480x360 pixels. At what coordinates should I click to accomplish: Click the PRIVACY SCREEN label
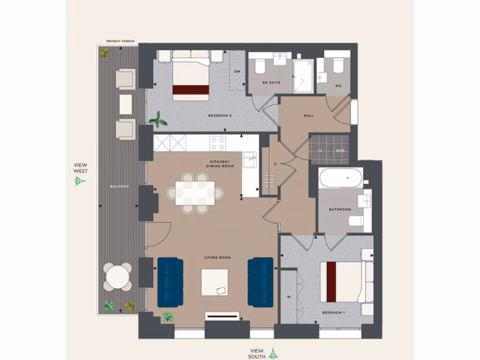pos(120,41)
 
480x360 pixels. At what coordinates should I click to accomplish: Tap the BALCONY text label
pos(119,187)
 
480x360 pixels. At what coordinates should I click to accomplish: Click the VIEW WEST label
pos(80,168)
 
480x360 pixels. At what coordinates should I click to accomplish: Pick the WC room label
pos(338,86)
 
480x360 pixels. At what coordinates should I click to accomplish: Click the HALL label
pos(308,115)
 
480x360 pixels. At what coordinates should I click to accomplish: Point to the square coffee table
pos(215,282)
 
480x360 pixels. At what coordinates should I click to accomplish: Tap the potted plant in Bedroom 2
pos(158,120)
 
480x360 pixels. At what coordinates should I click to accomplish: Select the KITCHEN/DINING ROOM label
pos(221,164)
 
